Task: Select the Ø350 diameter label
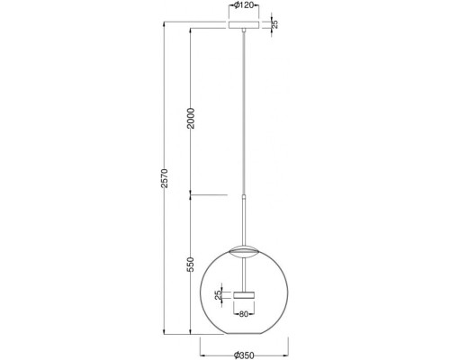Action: pyautogui.click(x=244, y=355)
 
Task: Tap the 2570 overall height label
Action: pyautogui.click(x=165, y=178)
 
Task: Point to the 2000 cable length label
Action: pyautogui.click(x=191, y=119)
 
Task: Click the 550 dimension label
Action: pyautogui.click(x=191, y=264)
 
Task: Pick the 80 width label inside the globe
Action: pyautogui.click(x=244, y=314)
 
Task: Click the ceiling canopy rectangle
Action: pyautogui.click(x=244, y=24)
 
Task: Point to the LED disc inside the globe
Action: pyautogui.click(x=244, y=295)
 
